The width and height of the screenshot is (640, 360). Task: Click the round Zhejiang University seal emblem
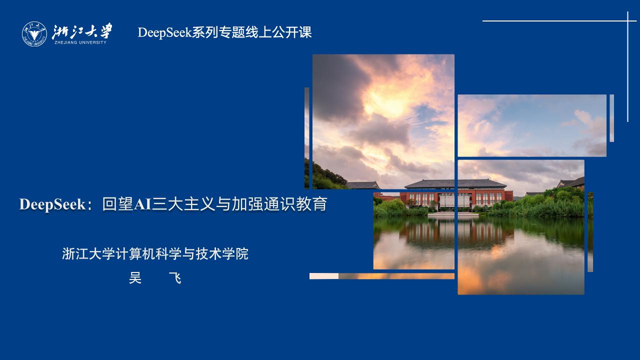tap(34, 33)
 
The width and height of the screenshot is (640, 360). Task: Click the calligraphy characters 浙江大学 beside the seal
tap(82, 31)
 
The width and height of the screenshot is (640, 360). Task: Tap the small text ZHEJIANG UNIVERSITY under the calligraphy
tap(80, 42)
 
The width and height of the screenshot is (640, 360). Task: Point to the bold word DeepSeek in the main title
tap(52, 204)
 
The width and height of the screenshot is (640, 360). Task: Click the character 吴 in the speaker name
tap(135, 278)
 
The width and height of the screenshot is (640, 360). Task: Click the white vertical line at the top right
tap(628, 70)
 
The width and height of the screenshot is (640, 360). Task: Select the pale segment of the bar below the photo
tap(324, 276)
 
